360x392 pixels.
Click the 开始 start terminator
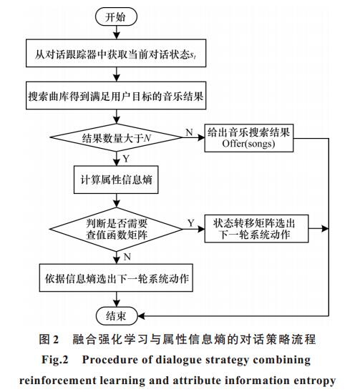[x=116, y=16]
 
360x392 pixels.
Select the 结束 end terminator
[x=117, y=316]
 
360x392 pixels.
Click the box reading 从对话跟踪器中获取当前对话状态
[x=116, y=53]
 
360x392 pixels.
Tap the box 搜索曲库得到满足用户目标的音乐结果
[x=116, y=96]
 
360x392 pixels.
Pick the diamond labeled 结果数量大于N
[x=117, y=137]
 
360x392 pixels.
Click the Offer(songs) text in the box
[x=248, y=144]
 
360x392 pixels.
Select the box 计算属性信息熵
[x=116, y=180]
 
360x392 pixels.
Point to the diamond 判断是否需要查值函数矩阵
[x=117, y=229]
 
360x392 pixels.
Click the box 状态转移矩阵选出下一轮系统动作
[x=256, y=228]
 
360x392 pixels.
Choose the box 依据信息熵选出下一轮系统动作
[x=116, y=278]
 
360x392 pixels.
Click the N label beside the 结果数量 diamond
[x=189, y=132]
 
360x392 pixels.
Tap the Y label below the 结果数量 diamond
[x=126, y=159]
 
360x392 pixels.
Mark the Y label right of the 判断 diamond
[x=191, y=222]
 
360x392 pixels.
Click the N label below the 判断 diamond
[x=127, y=257]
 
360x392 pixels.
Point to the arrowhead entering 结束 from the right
[x=141, y=316]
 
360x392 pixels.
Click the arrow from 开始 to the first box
[x=117, y=32]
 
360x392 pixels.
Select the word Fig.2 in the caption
[x=55, y=360]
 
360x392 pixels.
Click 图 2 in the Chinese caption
[x=49, y=339]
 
